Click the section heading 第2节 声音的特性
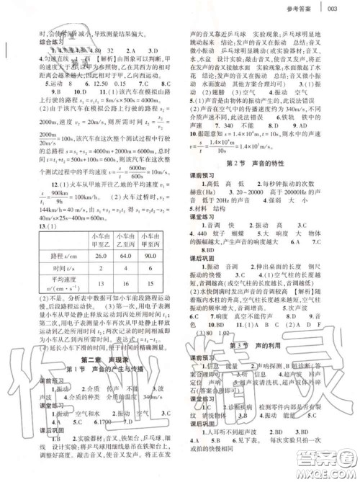(256, 164)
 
